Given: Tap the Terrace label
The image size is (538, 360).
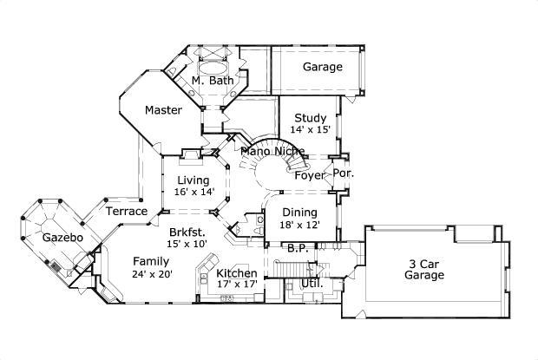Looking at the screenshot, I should click(x=126, y=211).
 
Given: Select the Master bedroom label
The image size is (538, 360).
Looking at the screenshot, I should click(x=163, y=110).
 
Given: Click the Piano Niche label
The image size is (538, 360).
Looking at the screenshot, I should click(x=272, y=152).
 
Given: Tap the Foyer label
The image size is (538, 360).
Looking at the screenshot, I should click(x=309, y=175).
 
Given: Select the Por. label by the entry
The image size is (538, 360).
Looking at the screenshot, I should click(x=344, y=173).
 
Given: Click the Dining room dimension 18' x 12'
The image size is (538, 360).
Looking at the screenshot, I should click(x=299, y=225).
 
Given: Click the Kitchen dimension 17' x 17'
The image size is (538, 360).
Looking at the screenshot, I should click(x=236, y=285).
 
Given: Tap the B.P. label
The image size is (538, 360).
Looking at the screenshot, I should click(x=298, y=248).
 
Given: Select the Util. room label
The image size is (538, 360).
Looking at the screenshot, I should click(x=312, y=283).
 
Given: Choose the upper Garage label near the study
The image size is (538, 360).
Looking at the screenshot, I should click(x=322, y=67).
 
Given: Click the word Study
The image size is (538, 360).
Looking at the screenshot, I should click(x=310, y=118).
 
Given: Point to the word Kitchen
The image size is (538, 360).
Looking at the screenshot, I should click(x=236, y=273).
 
